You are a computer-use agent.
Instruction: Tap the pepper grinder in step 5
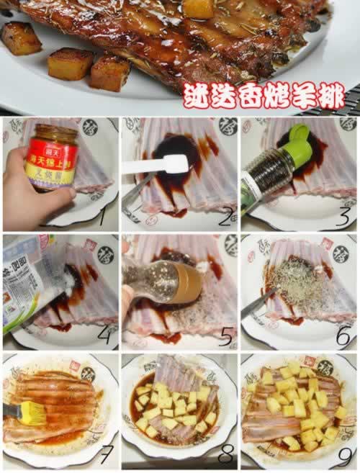pos(163,280)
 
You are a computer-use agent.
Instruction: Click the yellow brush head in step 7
pos(30,413)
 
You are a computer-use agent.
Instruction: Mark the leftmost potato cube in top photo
pos(21,37)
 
